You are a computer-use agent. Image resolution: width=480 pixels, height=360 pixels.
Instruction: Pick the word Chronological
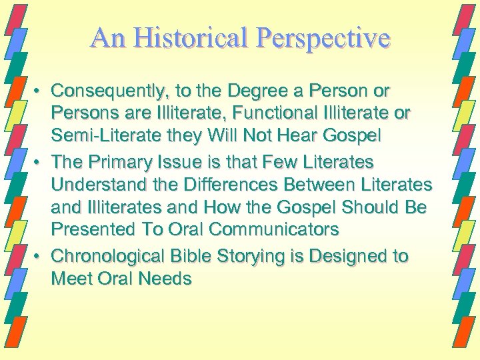[103, 256]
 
